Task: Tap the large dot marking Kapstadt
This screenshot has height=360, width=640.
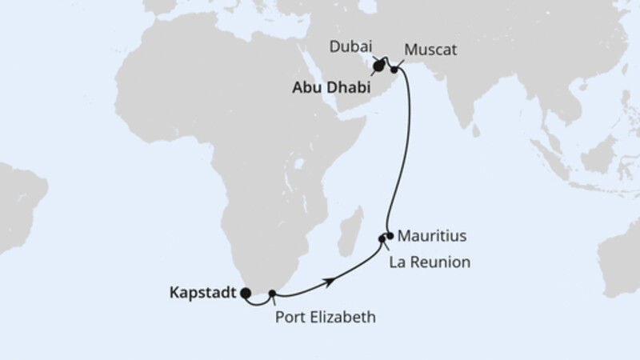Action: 246,294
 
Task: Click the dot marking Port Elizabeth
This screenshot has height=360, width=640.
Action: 274,294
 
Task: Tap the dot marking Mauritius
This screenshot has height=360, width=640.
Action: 390,235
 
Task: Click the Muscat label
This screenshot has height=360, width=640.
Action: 430,50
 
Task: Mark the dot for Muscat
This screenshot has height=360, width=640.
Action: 394,70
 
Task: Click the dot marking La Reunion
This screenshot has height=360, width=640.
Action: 382,238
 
